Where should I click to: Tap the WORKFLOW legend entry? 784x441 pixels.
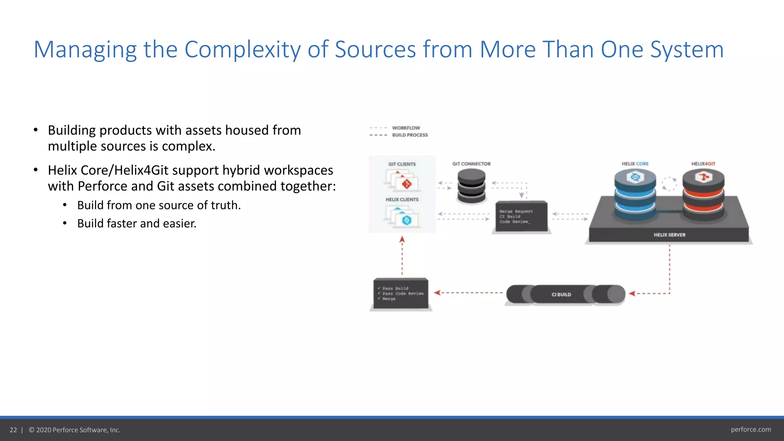406,128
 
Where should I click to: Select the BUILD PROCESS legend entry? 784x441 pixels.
410,135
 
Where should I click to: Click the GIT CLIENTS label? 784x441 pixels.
402,164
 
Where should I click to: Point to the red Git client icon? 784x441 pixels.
406,184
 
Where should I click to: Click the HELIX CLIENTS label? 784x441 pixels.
402,199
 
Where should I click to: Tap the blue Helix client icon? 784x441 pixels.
406,220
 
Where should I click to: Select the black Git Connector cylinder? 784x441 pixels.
471,186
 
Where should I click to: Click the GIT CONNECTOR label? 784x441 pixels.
471,164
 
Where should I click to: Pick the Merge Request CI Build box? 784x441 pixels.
521,217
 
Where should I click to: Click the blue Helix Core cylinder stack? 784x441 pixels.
635,195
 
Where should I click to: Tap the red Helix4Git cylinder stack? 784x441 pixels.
703,195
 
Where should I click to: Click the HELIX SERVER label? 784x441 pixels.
669,235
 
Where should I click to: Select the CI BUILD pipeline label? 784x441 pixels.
561,294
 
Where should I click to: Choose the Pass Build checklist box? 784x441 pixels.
401,294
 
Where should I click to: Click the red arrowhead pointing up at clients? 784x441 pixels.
402,240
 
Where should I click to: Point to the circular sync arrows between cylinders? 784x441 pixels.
669,184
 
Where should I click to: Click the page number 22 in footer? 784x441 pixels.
13,430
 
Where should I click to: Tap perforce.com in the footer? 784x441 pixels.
751,430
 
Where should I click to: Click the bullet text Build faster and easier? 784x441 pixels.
137,224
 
